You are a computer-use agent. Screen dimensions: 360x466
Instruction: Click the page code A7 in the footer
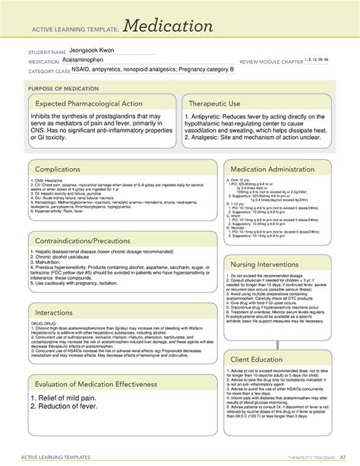[x=343, y=456]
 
